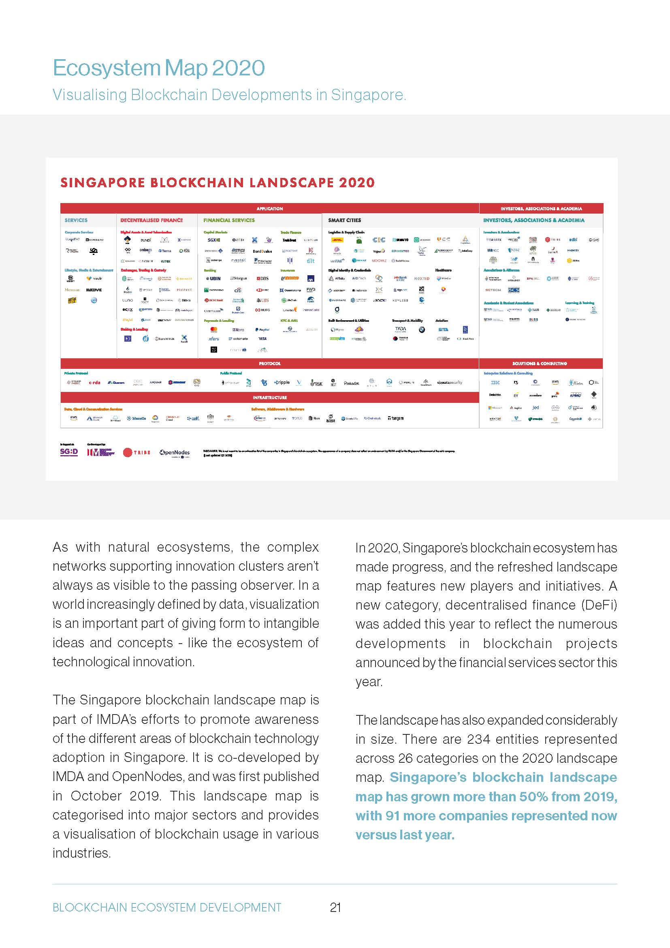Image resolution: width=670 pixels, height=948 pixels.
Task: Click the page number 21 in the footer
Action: coord(335,907)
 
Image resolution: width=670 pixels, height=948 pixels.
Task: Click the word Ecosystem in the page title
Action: coord(107,68)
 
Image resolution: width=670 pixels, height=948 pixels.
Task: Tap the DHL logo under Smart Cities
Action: coord(337,240)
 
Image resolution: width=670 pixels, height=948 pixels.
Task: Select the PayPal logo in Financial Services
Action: coord(262,330)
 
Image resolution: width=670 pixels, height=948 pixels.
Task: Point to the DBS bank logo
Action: coord(262,278)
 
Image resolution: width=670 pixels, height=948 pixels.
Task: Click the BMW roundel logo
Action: coord(422,330)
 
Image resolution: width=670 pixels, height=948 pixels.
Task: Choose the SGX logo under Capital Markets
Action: coord(214,240)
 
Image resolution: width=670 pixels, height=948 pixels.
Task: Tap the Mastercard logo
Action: coord(214,330)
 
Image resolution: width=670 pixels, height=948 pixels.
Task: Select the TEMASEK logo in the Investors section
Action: coord(493,240)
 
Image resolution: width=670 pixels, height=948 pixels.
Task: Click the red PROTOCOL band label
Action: coord(269,363)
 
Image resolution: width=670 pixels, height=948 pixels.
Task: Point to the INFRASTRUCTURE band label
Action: coord(269,397)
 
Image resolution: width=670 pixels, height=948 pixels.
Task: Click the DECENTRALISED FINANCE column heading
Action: coord(151,220)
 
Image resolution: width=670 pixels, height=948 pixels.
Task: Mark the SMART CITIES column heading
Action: coord(344,220)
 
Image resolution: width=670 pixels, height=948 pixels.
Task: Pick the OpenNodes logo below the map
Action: coord(175,453)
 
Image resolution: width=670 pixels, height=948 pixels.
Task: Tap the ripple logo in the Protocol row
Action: coord(282,382)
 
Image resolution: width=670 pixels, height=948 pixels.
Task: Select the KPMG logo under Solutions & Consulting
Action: coord(575,395)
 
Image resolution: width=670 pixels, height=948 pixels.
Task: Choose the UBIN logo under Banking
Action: coord(214,278)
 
